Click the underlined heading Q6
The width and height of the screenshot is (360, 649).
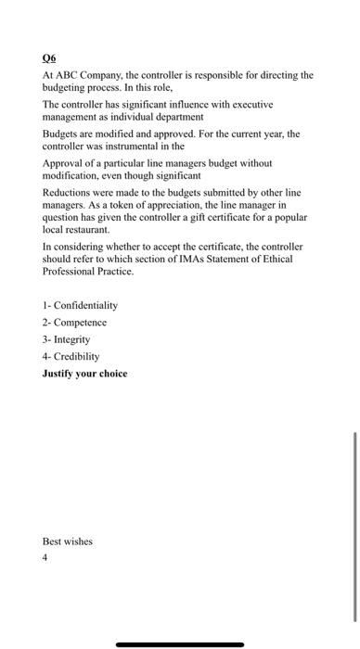51,55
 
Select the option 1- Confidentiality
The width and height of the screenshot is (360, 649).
80,305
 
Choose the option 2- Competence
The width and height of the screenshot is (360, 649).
74,322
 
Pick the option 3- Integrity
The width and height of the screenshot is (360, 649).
70,339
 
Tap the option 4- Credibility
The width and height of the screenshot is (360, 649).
71,356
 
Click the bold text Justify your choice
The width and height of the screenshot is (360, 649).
84,374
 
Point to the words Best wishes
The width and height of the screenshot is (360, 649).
68,541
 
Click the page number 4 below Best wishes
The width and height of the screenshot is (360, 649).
45,558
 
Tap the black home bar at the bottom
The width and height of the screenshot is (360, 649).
180,643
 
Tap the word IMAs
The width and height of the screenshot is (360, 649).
209,258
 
